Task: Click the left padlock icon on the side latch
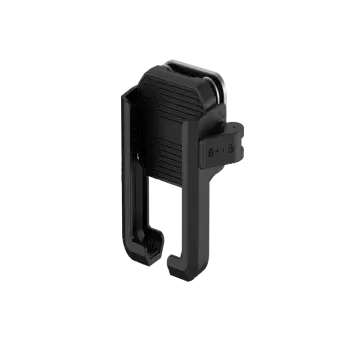pos(210,151)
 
